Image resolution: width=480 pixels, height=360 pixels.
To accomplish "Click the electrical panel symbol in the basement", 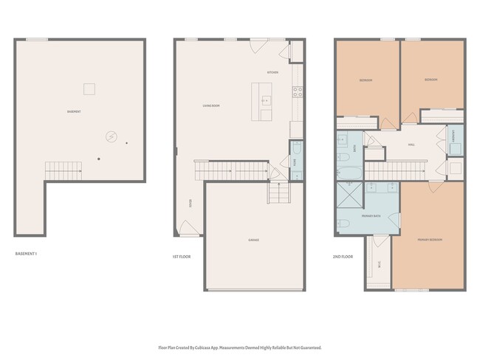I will click(111, 136).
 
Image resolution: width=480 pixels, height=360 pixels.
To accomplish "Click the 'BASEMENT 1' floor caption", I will click(26, 254).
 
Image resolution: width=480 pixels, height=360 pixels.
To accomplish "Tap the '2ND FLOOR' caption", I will click(343, 257).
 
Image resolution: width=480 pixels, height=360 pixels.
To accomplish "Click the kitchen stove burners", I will click(297, 92).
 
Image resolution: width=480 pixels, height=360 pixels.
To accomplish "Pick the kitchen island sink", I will click(266, 100).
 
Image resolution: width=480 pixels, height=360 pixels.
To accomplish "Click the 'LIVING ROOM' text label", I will click(211, 106).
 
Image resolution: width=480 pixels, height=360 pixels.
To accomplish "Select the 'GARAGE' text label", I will click(253, 240).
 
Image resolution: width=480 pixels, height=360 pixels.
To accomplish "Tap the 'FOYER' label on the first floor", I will click(191, 203).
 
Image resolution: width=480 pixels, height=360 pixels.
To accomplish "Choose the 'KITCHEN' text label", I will click(272, 72).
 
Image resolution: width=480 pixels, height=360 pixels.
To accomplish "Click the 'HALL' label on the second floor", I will click(411, 145).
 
